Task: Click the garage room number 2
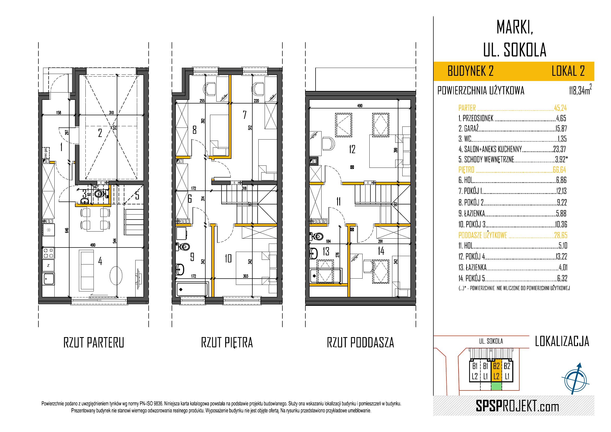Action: pos(100,133)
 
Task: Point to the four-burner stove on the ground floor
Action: pos(49,253)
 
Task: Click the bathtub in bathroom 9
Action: pos(192,290)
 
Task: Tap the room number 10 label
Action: pos(228,258)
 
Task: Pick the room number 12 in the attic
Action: pos(352,149)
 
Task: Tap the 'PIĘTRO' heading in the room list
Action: pos(466,170)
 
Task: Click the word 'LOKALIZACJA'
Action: pos(562,341)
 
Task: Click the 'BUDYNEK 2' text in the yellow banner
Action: pos(470,71)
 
